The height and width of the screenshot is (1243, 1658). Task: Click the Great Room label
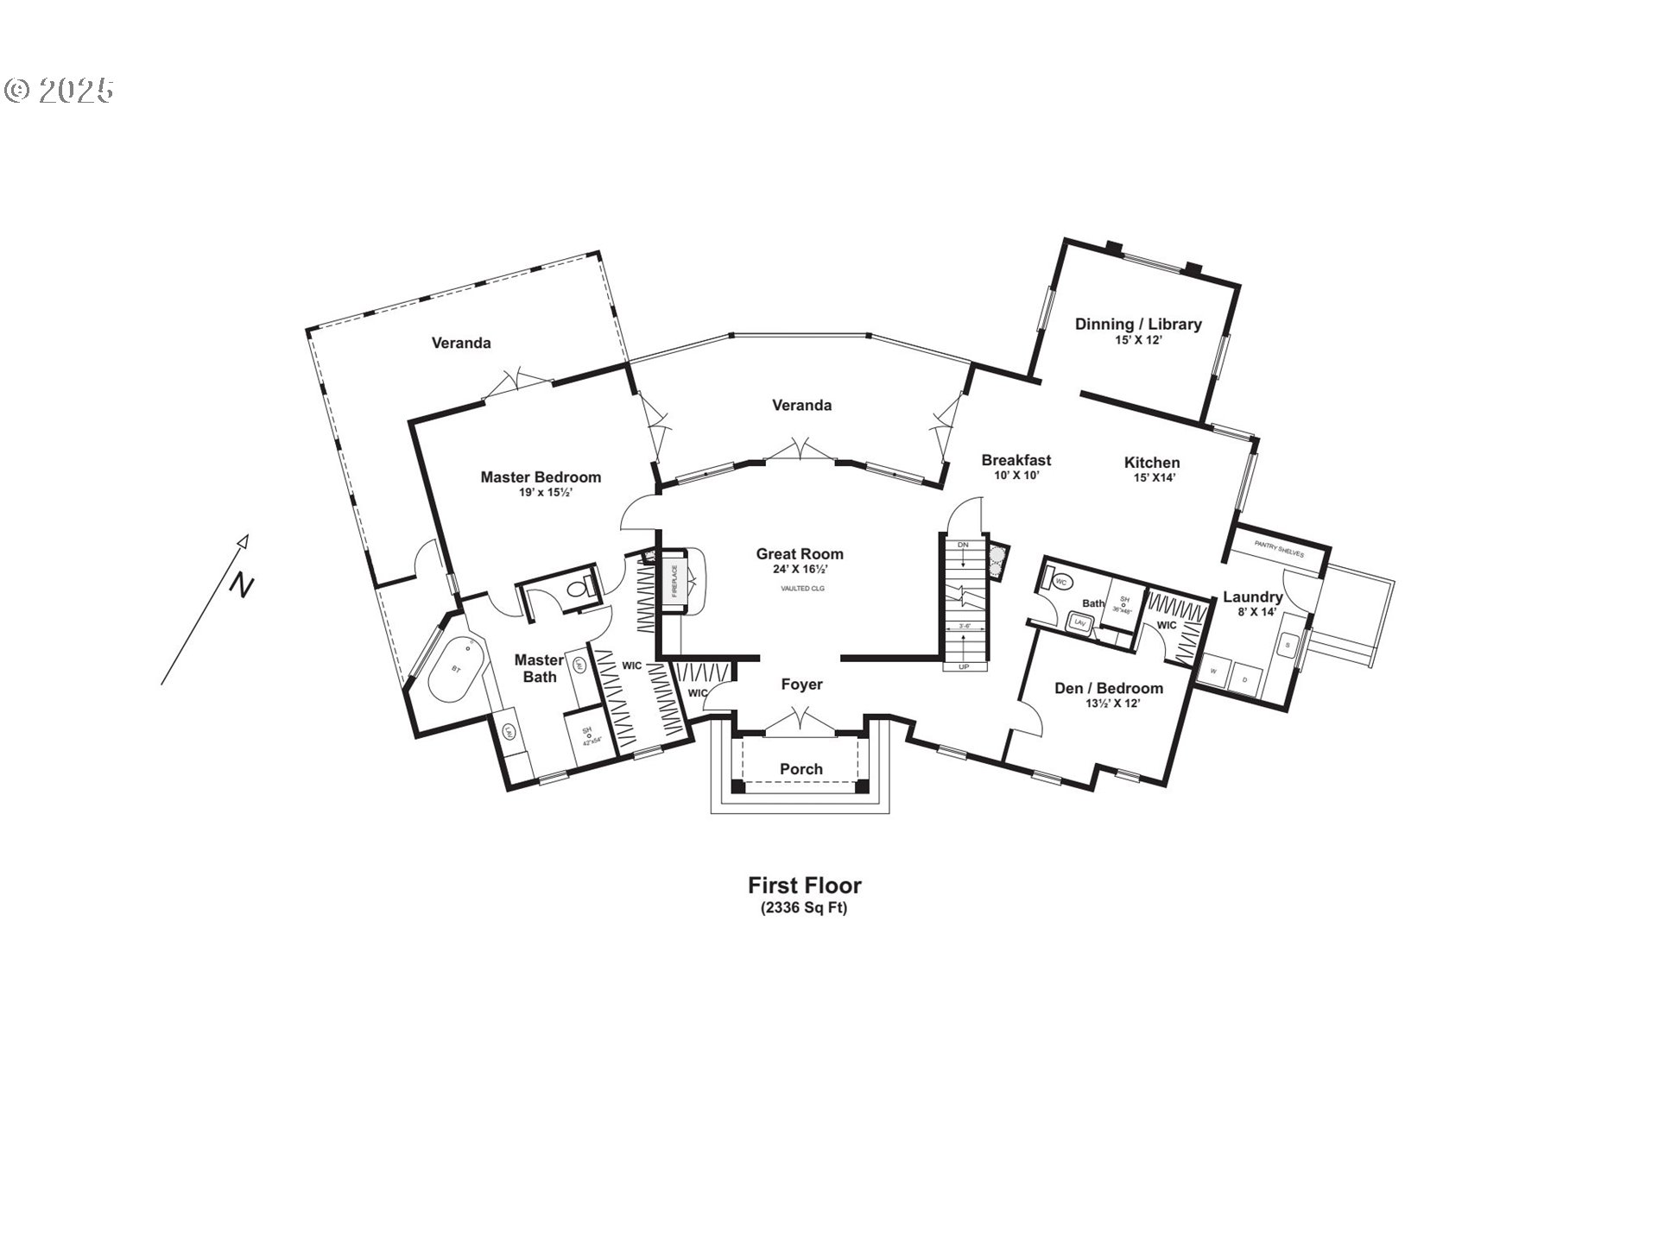point(800,554)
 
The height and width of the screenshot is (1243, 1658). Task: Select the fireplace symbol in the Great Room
point(675,581)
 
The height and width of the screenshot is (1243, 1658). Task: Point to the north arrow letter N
point(242,586)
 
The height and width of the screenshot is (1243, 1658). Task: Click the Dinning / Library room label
point(1138,325)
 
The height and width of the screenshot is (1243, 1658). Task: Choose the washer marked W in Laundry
point(1213,671)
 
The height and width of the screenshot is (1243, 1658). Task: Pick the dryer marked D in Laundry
point(1244,679)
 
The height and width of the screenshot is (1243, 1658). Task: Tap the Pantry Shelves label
point(1279,553)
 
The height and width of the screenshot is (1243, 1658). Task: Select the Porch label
point(801,769)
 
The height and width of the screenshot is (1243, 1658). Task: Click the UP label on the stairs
point(964,667)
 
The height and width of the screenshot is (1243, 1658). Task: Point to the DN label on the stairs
point(963,545)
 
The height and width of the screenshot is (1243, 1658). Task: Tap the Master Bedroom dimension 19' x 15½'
point(541,492)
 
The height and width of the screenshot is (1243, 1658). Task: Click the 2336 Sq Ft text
point(804,908)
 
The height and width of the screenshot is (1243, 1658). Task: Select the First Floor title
point(804,886)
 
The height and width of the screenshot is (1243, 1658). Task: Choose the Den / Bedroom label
point(1109,689)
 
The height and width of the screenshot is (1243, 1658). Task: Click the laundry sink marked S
point(1287,645)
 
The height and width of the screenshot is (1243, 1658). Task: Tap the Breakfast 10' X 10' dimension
point(1016,475)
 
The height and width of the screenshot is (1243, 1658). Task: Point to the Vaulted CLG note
point(802,589)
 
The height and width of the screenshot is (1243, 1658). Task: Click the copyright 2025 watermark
point(59,91)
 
